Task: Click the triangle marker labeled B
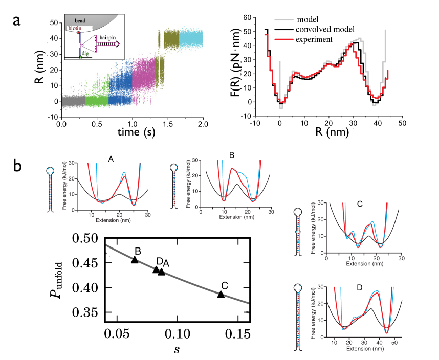(135, 260)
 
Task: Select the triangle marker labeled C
(221, 295)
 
